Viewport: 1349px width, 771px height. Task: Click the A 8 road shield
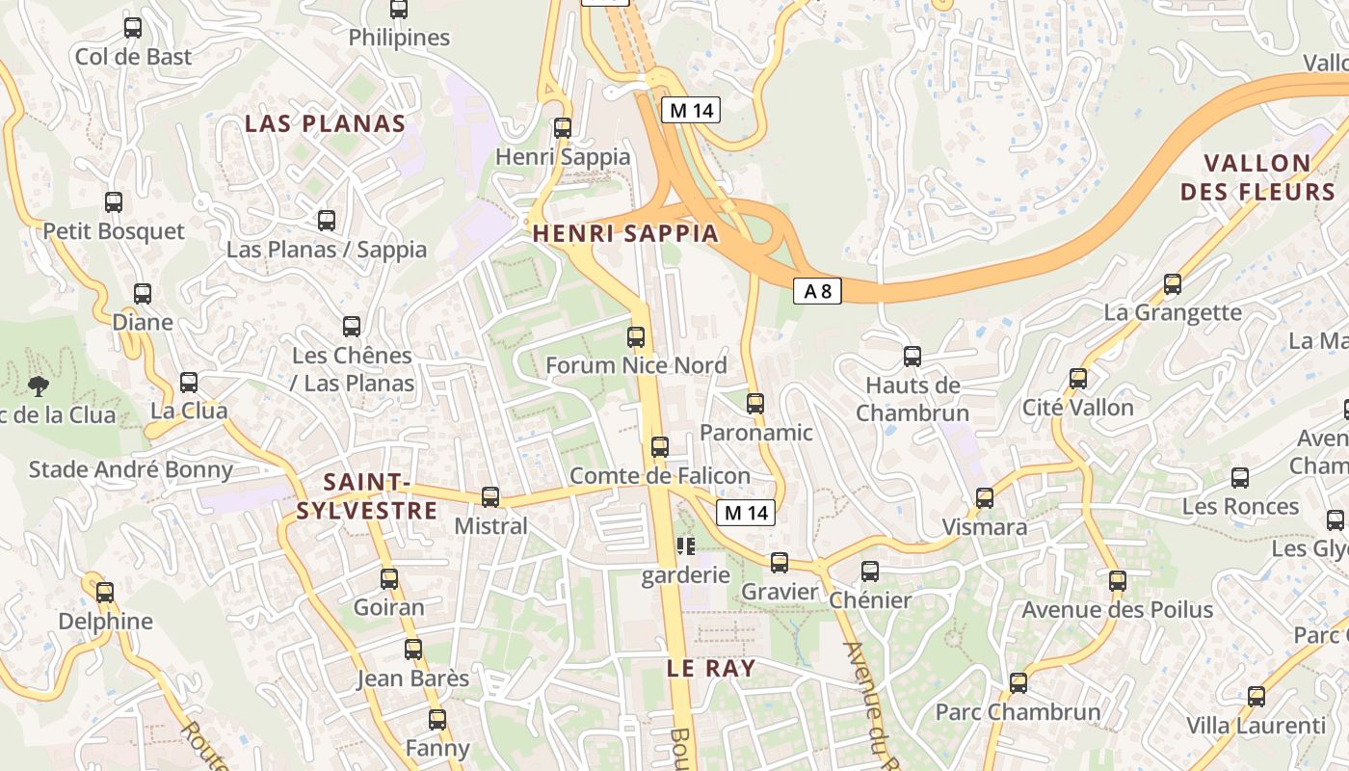[817, 290]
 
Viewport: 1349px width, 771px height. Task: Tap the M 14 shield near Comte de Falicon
[746, 513]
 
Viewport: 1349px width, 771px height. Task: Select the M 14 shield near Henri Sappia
[691, 110]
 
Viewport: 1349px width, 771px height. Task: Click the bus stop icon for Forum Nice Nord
[636, 337]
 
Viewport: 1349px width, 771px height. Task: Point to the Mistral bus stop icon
[490, 497]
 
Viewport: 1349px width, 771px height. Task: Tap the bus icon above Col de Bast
[133, 28]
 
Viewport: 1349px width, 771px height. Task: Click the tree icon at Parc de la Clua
[40, 386]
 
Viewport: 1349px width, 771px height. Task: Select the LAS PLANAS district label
[325, 123]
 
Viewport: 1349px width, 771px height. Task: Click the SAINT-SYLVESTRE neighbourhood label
[366, 495]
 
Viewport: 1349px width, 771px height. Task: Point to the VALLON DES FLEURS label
[1245, 176]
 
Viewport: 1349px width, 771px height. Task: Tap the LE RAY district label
[711, 667]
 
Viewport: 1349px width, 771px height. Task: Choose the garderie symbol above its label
[686, 547]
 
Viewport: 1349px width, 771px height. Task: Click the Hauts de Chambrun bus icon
[913, 357]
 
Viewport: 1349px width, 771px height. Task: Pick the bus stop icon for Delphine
[105, 592]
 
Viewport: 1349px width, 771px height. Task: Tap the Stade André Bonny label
[131, 469]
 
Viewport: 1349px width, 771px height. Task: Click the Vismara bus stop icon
[985, 498]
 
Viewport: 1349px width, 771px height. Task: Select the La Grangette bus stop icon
[1173, 284]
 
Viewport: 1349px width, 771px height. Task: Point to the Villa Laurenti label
[1256, 726]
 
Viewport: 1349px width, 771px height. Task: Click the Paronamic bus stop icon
[755, 404]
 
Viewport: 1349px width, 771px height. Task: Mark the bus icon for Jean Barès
[413, 650]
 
